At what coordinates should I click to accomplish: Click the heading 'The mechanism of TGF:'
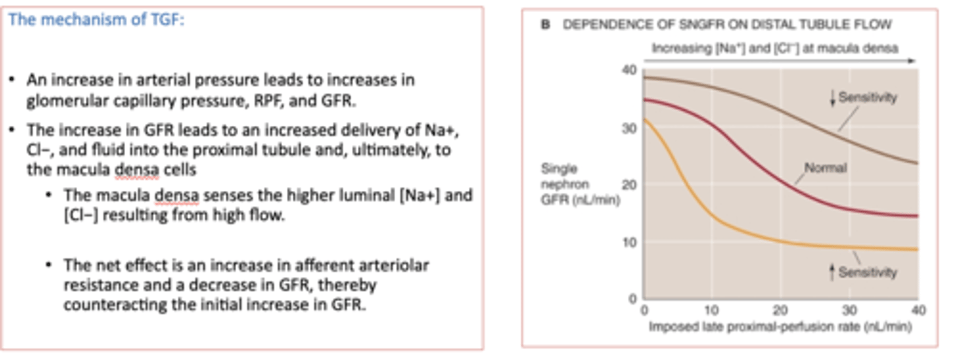[96, 20]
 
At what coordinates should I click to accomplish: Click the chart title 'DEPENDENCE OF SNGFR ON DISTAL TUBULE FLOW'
[727, 25]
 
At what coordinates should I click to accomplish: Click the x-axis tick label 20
[780, 310]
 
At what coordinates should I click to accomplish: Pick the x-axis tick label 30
[849, 310]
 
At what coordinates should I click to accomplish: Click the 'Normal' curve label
[825, 168]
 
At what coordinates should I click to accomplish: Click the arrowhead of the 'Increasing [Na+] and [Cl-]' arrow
[913, 61]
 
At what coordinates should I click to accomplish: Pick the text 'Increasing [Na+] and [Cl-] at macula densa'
[775, 49]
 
